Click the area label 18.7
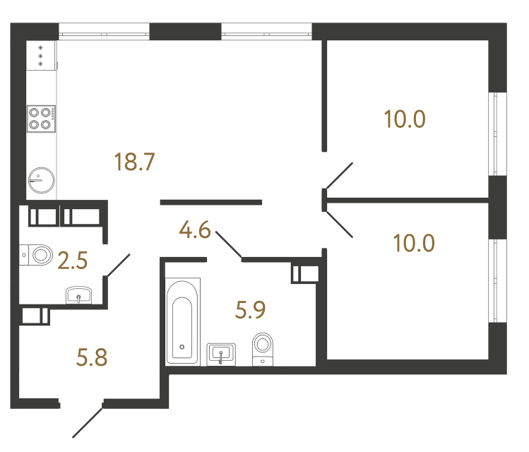pyautogui.click(x=134, y=164)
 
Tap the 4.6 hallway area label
pyautogui.click(x=195, y=231)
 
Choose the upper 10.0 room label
pyautogui.click(x=405, y=119)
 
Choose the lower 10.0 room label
pyautogui.click(x=415, y=244)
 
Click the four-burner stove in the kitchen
pyautogui.click(x=41, y=119)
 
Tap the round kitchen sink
pyautogui.click(x=41, y=180)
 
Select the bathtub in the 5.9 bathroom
pyautogui.click(x=183, y=321)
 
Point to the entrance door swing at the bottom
pyautogui.click(x=88, y=422)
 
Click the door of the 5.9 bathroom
pyautogui.click(x=228, y=244)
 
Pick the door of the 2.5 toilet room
pyautogui.click(x=117, y=265)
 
